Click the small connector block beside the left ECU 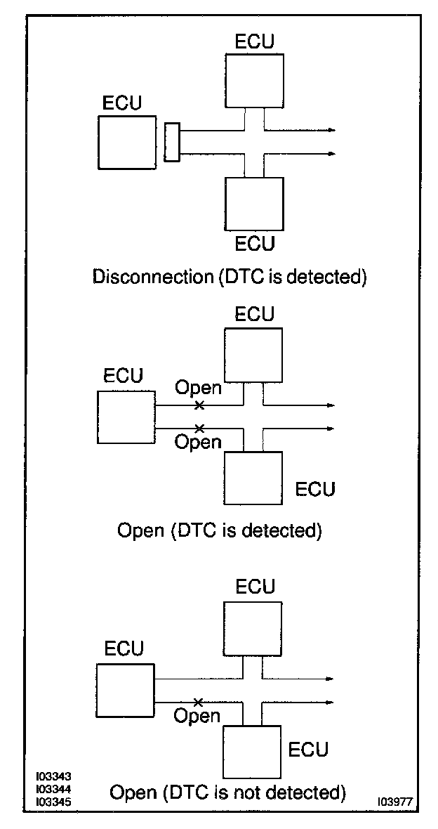coord(172,142)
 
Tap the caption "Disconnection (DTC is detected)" coord(230,277)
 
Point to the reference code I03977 coord(395,802)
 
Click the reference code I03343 coord(53,776)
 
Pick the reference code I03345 coord(53,802)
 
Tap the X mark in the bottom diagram coord(198,702)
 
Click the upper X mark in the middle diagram coord(199,405)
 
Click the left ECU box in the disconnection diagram coord(127,143)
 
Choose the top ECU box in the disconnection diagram coord(254,80)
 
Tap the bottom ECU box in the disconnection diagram coord(254,204)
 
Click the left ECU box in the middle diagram coord(126,417)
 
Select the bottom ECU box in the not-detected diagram coord(251,752)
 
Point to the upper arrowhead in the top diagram coord(331,130)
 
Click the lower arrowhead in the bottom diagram coord(330,702)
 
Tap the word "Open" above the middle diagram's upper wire coord(198,389)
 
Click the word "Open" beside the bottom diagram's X coord(197,717)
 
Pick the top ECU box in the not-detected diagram coord(251,629)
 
